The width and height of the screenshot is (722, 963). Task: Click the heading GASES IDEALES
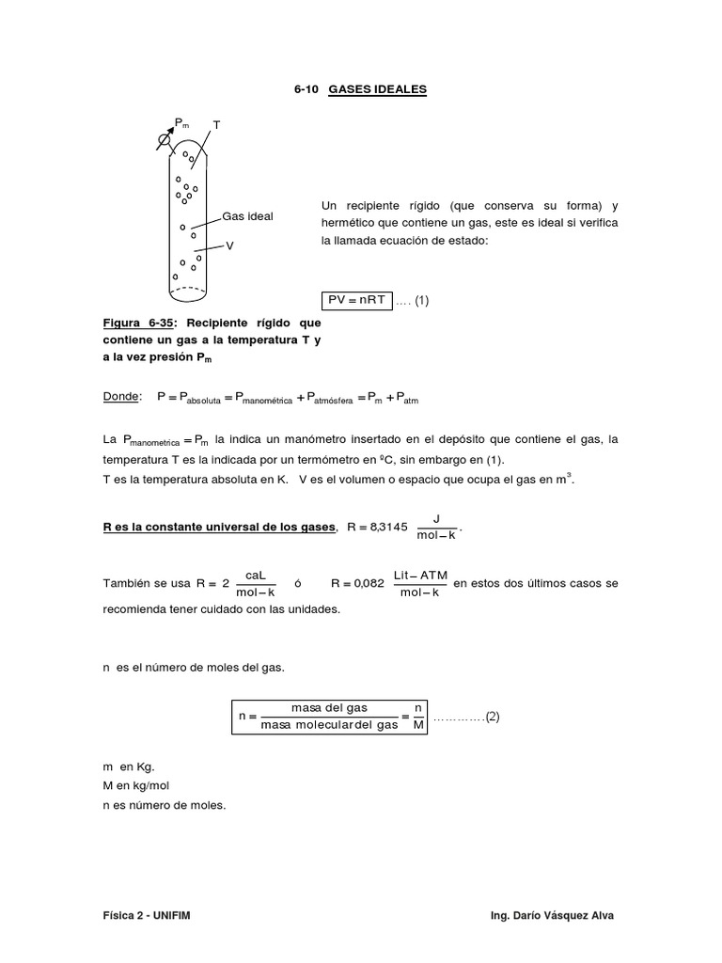378,89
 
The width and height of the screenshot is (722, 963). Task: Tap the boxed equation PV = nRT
357,300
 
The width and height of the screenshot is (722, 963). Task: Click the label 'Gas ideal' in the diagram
247,216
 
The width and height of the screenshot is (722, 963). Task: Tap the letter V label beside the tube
229,245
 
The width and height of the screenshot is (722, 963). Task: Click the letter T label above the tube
217,124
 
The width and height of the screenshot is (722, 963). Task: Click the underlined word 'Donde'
121,398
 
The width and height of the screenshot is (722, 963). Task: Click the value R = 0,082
357,583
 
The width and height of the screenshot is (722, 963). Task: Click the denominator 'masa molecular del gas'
329,725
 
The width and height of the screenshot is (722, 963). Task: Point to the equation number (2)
493,717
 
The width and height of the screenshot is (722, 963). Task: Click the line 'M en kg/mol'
142,785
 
